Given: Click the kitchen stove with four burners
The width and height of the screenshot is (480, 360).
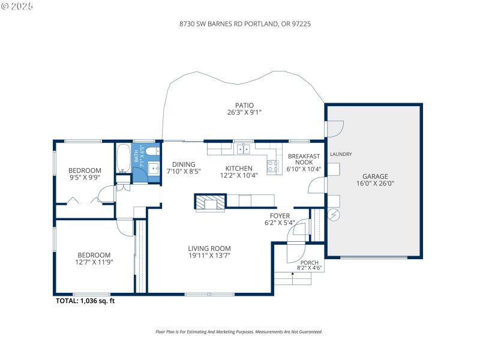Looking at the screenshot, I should point(273,166).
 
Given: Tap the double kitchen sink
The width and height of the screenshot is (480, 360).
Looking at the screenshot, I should point(244,149).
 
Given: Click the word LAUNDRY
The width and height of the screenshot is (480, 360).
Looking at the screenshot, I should point(341,154).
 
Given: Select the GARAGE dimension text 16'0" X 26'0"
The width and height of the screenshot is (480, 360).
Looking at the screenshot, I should point(374,184).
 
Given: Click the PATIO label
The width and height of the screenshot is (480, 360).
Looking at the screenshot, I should point(244,105).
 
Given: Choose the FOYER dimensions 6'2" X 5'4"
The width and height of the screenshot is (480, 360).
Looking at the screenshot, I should point(280,223).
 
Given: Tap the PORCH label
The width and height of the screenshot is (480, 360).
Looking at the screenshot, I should point(310,262).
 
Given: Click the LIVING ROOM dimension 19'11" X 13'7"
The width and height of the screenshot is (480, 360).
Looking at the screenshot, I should point(209,256).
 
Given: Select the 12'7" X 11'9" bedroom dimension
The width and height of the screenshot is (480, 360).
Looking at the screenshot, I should point(94,262).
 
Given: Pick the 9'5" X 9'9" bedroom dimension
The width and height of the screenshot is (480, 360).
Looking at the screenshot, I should point(85,177).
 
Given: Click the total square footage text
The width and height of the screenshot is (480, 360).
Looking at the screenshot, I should point(85,301).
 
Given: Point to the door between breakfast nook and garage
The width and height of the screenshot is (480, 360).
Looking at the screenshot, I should point(314,185).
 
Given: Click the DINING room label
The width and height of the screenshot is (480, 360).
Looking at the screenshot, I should point(184,164).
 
